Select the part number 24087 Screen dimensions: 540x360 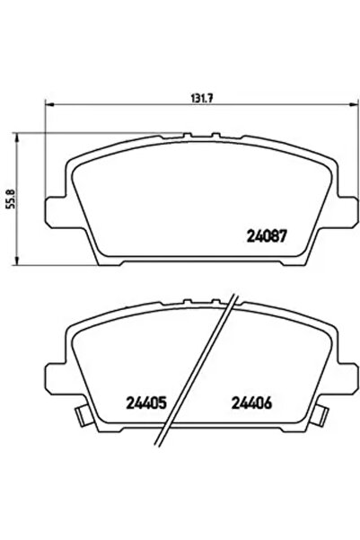(266, 238)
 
